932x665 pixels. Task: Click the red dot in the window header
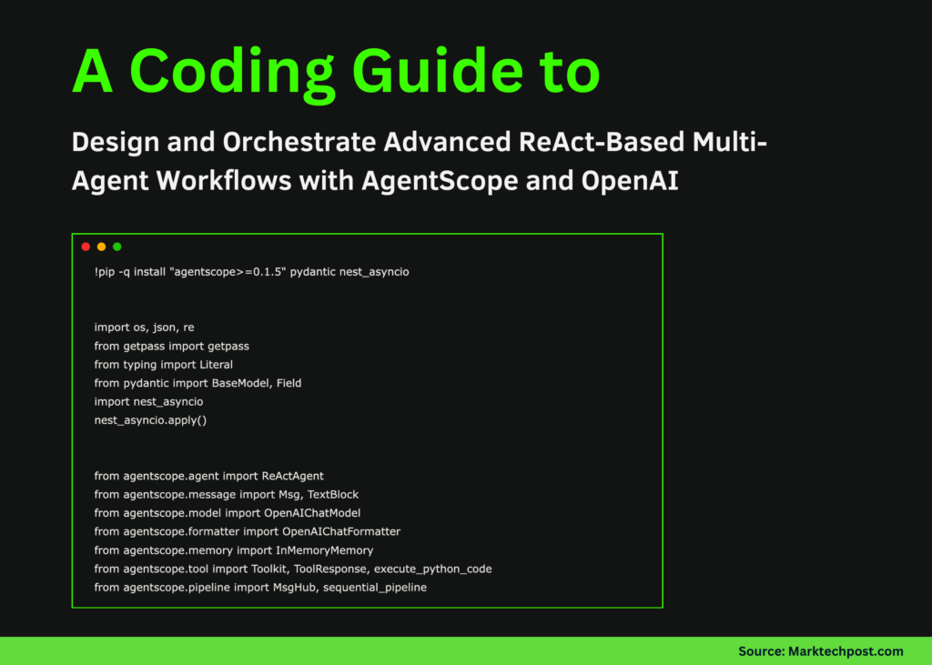86,247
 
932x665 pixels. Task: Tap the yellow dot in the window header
101,247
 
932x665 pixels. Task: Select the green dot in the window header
116,247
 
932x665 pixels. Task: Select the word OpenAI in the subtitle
630,180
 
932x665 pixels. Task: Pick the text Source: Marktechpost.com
820,650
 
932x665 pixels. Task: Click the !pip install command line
251,272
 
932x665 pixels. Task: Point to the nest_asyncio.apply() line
150,420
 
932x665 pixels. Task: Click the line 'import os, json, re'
144,327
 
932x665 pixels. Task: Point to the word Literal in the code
216,365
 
